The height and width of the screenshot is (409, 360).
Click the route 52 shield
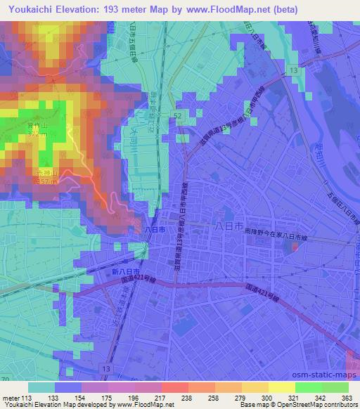pyautogui.click(x=180, y=115)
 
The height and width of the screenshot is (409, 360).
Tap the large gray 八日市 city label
pyautogui.click(x=228, y=226)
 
